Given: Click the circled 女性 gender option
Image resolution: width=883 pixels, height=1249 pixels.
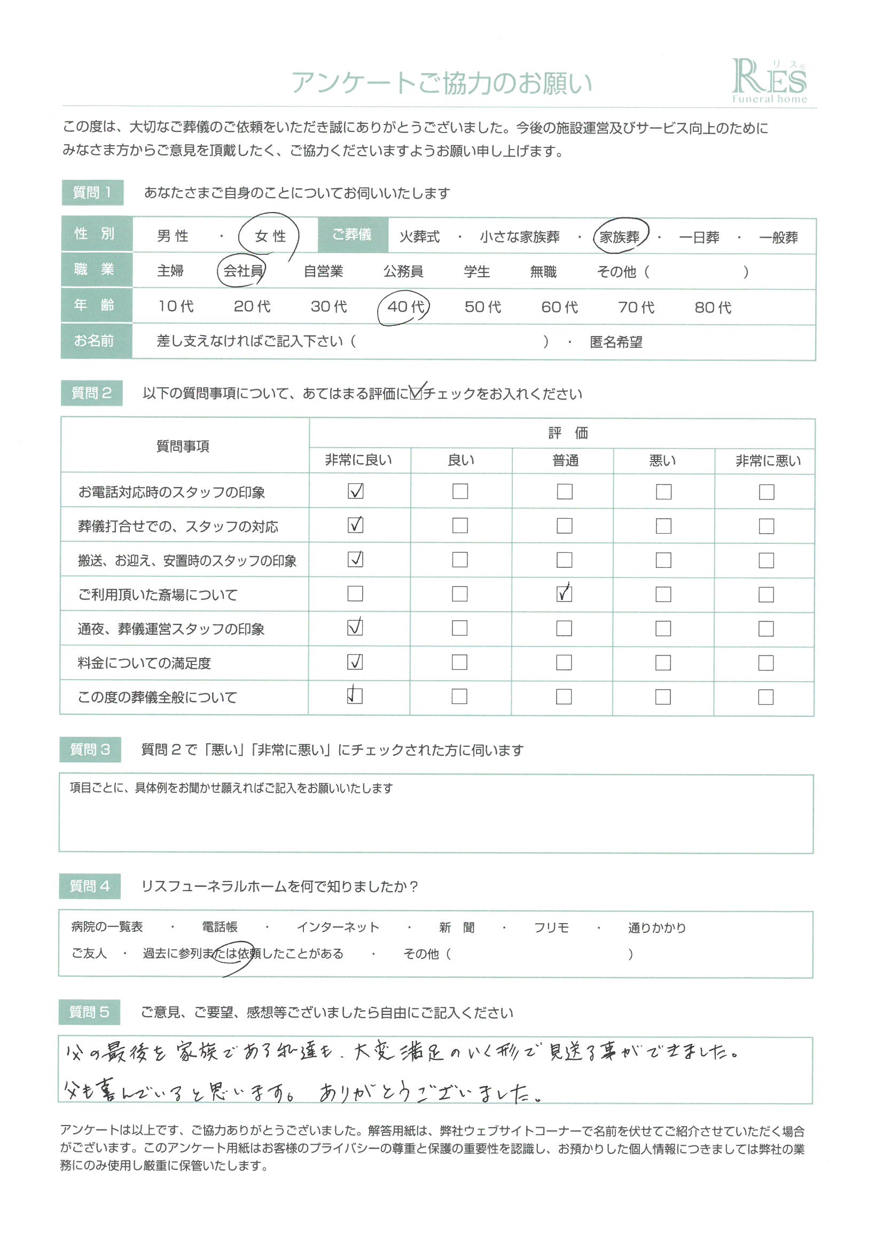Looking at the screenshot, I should pyautogui.click(x=270, y=236).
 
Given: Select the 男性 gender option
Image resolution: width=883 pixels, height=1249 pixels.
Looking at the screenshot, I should pyautogui.click(x=173, y=236).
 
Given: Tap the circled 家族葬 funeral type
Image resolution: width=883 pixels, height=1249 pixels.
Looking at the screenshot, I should pyautogui.click(x=620, y=237).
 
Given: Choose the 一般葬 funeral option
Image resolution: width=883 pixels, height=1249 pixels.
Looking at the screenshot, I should pyautogui.click(x=778, y=238).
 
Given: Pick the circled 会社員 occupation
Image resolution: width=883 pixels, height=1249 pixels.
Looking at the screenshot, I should pyautogui.click(x=243, y=271).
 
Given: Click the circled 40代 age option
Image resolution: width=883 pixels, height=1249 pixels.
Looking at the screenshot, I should pyautogui.click(x=405, y=307).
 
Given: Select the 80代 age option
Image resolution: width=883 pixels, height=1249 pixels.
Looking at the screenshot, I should pyautogui.click(x=713, y=308).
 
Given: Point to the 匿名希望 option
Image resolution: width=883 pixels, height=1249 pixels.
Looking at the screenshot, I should pyautogui.click(x=616, y=342).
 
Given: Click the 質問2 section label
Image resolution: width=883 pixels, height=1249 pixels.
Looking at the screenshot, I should pyautogui.click(x=91, y=393).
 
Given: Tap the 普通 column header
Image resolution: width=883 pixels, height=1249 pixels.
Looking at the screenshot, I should pyautogui.click(x=565, y=460).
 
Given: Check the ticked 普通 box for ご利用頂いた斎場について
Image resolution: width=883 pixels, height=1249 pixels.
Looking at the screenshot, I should pyautogui.click(x=564, y=594).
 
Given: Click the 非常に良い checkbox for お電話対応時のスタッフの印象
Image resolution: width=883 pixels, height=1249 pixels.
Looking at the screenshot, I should pyautogui.click(x=355, y=491).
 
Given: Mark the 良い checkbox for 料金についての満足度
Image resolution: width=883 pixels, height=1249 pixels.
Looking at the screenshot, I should pyautogui.click(x=460, y=662).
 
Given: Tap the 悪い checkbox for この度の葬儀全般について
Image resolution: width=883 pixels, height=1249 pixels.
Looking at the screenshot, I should pyautogui.click(x=663, y=697).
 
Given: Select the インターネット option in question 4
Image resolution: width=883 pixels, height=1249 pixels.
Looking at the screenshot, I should pyautogui.click(x=338, y=927).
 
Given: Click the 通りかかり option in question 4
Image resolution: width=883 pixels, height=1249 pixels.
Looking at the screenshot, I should pyautogui.click(x=657, y=928).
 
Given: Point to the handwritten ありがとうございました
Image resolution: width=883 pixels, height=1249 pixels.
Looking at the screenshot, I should pyautogui.click(x=430, y=1092).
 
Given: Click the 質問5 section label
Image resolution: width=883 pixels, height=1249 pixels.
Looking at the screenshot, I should pyautogui.click(x=89, y=1012).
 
